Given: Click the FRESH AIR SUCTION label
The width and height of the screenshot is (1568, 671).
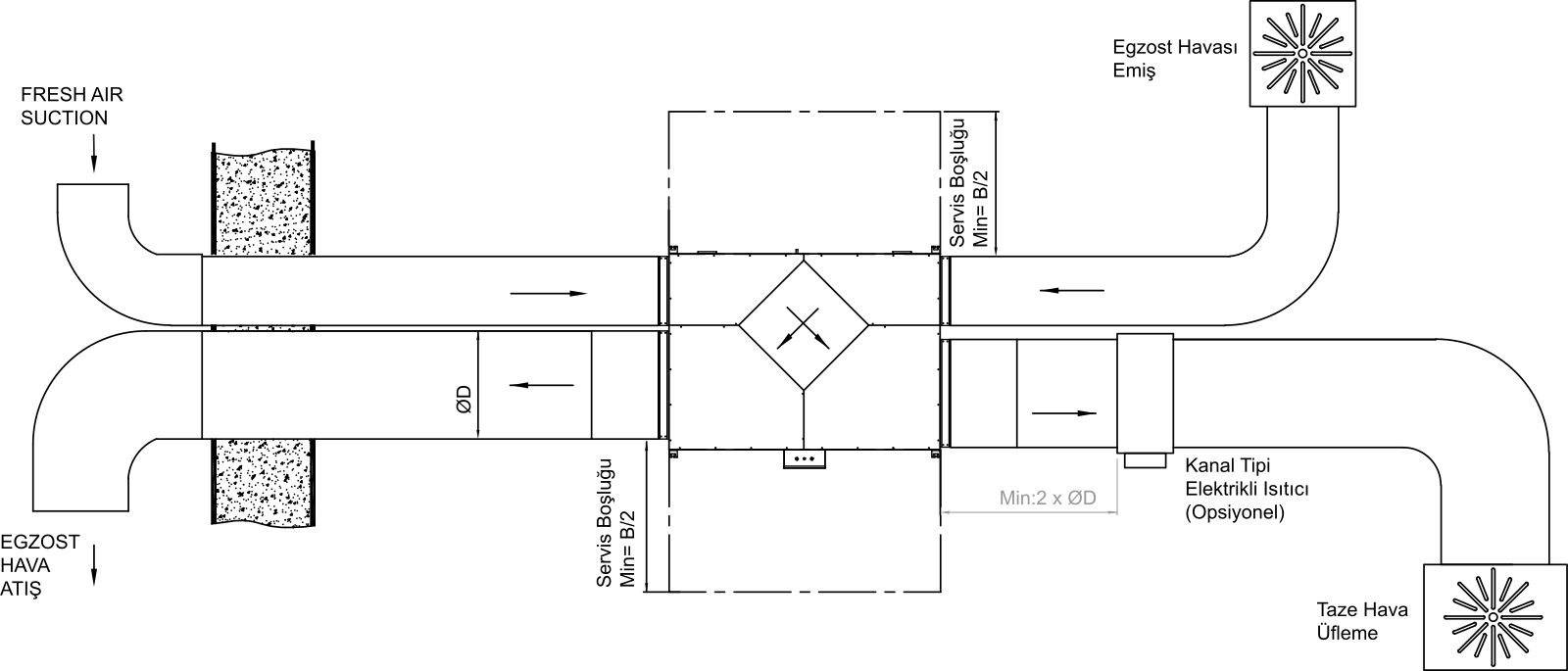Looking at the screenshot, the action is coord(72,106).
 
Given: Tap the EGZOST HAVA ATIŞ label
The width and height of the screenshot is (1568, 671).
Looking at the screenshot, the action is coord(40,565).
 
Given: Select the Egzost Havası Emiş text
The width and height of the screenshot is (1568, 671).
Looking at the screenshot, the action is coord(1175,59).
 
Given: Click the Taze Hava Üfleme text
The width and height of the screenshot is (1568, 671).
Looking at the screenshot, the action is coord(1362,621).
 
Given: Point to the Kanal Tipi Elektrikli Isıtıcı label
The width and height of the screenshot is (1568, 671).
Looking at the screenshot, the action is coord(1247,489).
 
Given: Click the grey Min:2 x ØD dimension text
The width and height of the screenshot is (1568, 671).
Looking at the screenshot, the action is coord(1048,499).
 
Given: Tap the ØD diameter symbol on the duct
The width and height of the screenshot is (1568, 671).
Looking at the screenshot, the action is coord(464,400).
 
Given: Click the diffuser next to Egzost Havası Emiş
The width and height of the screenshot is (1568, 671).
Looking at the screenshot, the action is coord(1302,54).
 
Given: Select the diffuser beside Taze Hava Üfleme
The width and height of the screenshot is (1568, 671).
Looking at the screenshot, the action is coord(1494,616).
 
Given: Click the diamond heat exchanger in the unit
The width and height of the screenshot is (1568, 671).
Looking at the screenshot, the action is coord(804,324).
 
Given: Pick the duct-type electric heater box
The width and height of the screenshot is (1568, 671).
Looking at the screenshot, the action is coord(1146,393).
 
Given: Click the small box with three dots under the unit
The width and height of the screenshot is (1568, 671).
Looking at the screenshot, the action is coord(805,459).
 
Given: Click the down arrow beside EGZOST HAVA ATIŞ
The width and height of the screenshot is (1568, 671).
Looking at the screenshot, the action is coord(94,565).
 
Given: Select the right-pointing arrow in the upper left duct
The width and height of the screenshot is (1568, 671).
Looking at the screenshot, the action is coord(549,293).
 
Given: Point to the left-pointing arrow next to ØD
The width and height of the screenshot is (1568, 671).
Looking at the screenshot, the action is coord(542,385).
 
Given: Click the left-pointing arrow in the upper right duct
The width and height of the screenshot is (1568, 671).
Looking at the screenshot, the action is coord(1072,290).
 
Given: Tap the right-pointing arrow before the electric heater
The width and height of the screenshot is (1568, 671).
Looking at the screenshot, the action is coord(1064,413).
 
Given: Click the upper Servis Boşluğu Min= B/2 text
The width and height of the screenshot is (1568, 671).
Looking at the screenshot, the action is coord(968,182).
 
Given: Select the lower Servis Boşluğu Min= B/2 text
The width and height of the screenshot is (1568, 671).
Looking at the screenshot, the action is coord(616,523).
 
